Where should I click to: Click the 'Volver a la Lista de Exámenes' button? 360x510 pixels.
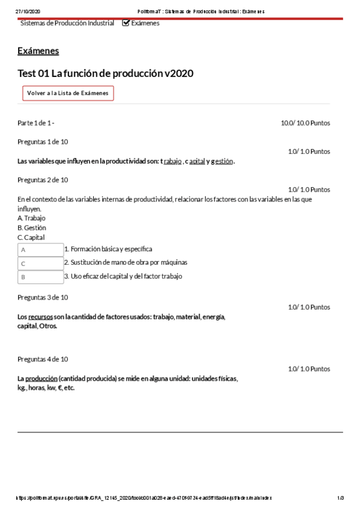pos(68,93)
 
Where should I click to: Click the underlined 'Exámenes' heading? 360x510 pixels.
pos(38,51)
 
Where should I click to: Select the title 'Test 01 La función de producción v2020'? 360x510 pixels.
pos(105,73)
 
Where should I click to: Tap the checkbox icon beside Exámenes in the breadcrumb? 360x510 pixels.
pos(126,23)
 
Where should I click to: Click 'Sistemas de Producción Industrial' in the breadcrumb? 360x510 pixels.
pos(67,23)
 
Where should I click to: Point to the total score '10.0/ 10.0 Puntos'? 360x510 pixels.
pos(305,123)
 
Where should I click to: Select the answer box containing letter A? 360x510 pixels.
pos(40,249)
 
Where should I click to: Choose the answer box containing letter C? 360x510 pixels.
pos(40,263)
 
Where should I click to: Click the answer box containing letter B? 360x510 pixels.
pos(40,277)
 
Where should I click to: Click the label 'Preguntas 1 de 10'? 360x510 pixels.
pos(43,142)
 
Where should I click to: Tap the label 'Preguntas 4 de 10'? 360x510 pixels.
pos(43,359)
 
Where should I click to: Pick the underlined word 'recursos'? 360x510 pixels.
pos(40,317)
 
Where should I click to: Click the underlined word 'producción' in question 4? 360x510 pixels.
pos(41,379)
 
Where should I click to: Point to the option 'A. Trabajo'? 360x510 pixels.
pos(31,218)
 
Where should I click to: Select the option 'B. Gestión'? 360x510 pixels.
pos(32,228)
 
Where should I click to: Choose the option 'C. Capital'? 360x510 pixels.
pos(31,238)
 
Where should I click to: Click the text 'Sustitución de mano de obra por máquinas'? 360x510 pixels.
pos(129,262)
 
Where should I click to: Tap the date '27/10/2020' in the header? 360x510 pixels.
pos(27,11)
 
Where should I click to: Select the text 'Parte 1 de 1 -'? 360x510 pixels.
pos(36,123)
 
